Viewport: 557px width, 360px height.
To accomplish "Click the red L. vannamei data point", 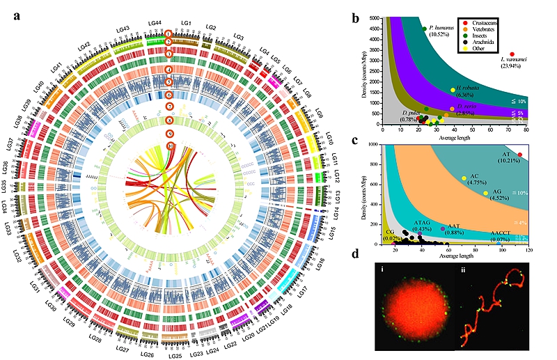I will pyautogui.click(x=512, y=54).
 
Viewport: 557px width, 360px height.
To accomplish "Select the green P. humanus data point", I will pyautogui.click(x=424, y=28).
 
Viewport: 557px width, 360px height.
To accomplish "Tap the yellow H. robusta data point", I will pyautogui.click(x=453, y=90).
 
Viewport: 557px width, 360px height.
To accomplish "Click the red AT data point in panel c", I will pyautogui.click(x=519, y=155).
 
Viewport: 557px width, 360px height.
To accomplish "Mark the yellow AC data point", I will pyautogui.click(x=464, y=179).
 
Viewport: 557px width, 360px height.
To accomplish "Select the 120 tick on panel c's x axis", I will pyautogui.click(x=529, y=250).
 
